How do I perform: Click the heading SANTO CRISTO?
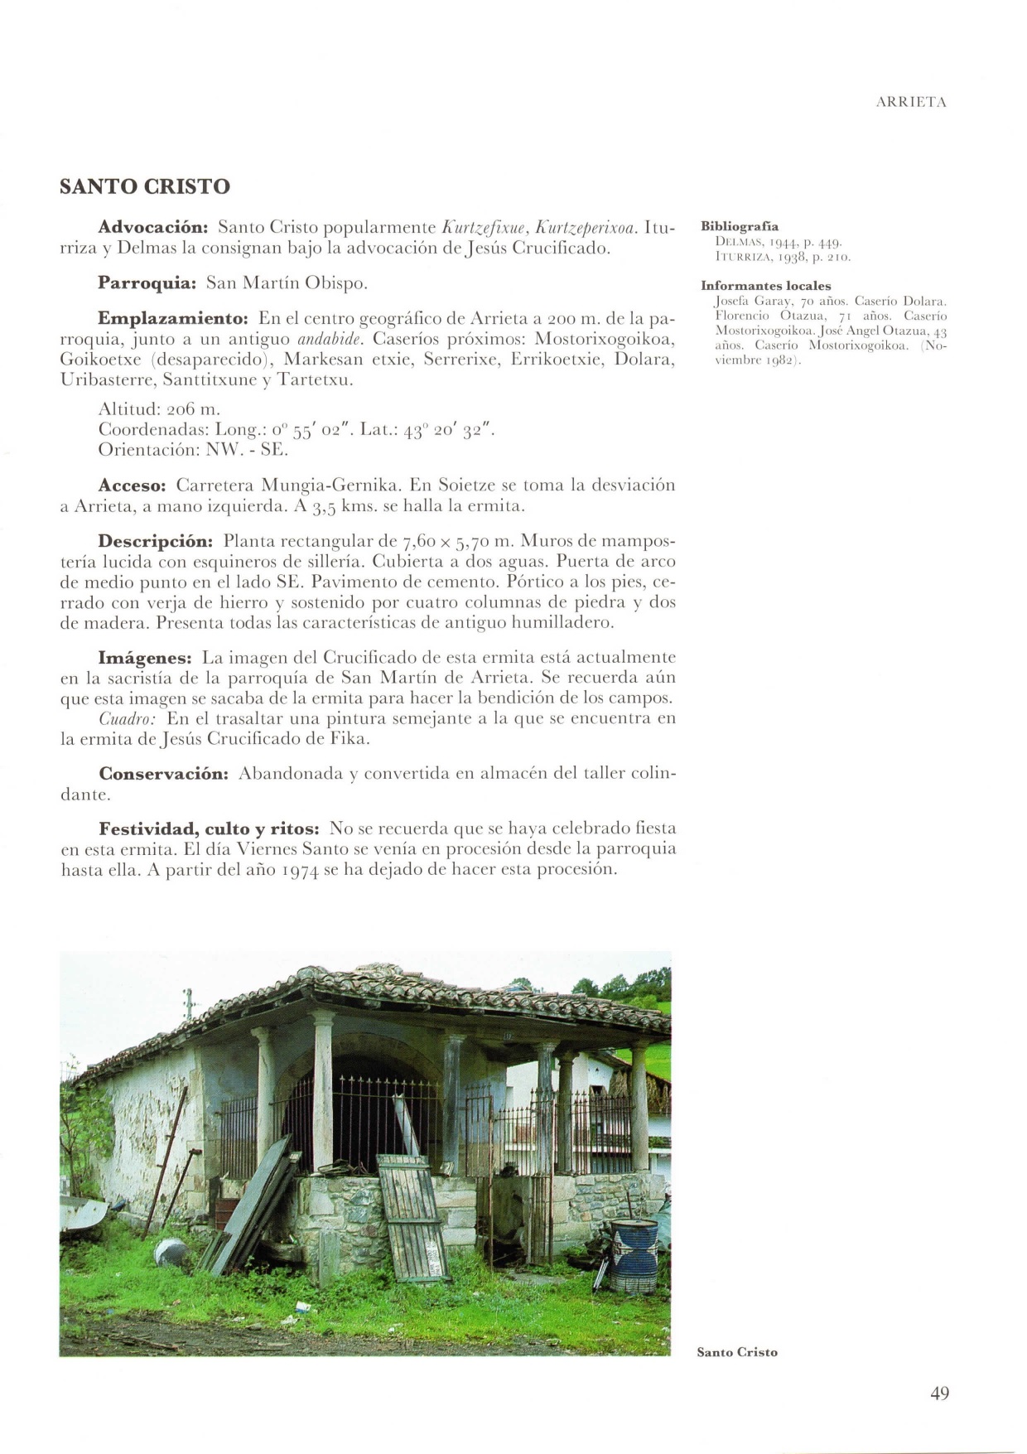point(145,186)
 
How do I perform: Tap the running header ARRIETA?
point(910,103)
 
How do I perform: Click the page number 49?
point(939,1393)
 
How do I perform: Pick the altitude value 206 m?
point(193,409)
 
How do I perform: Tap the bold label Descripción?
point(157,541)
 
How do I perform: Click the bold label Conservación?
point(164,774)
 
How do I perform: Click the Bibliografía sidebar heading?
point(740,226)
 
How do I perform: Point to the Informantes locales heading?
point(766,286)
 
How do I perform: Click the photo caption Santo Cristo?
point(737,1352)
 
